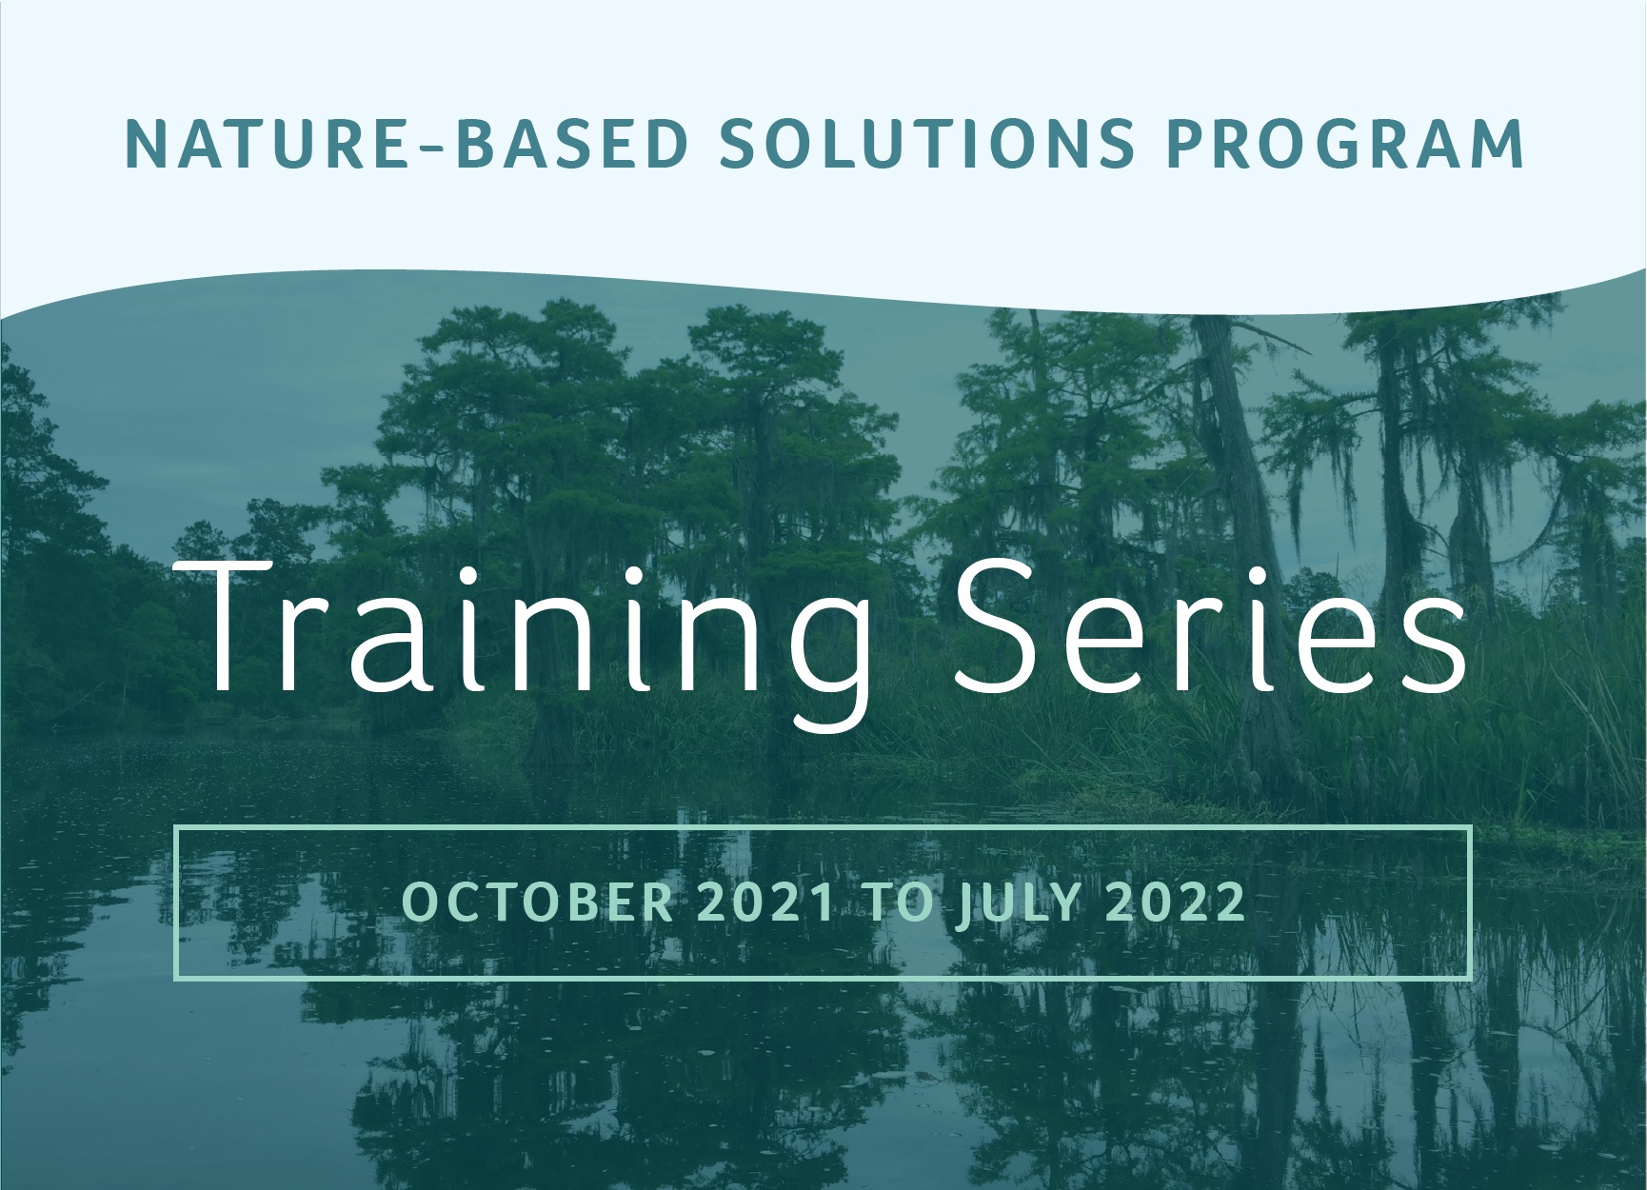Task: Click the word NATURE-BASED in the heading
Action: pyautogui.click(x=407, y=144)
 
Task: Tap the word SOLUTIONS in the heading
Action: pyautogui.click(x=928, y=144)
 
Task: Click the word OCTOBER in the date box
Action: pyautogui.click(x=538, y=902)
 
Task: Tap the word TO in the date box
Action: pyautogui.click(x=893, y=902)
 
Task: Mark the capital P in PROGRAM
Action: pyautogui.click(x=1187, y=144)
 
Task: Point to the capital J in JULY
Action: pyautogui.click(x=963, y=902)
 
